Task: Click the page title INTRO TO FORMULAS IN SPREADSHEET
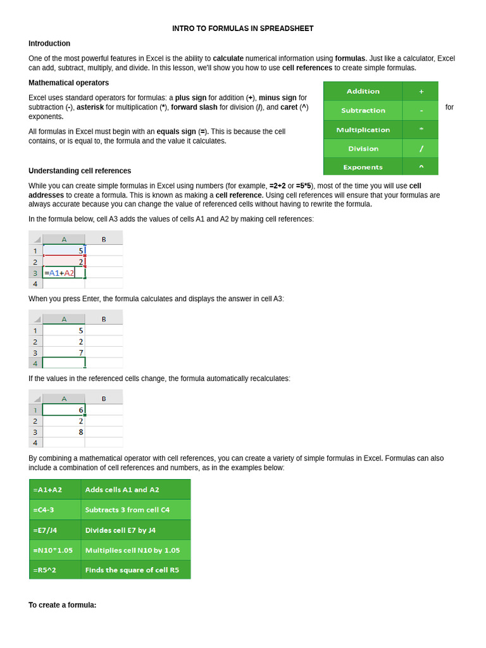click(243, 28)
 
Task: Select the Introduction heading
click(49, 44)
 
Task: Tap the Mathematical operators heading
click(68, 83)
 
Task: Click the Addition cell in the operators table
click(363, 91)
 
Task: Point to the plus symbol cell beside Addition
click(421, 91)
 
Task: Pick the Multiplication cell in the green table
click(363, 130)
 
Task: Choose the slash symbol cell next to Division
click(421, 149)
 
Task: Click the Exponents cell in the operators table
click(363, 167)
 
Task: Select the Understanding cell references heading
click(80, 171)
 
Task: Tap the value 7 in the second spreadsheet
click(80, 352)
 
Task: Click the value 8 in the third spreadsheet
click(80, 432)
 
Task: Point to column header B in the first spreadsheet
click(104, 239)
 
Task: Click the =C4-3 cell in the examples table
click(55, 509)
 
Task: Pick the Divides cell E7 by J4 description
click(135, 530)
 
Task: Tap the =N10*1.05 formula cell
click(55, 550)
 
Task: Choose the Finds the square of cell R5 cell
click(135, 570)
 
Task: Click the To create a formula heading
click(62, 605)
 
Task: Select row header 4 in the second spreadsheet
click(35, 363)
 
